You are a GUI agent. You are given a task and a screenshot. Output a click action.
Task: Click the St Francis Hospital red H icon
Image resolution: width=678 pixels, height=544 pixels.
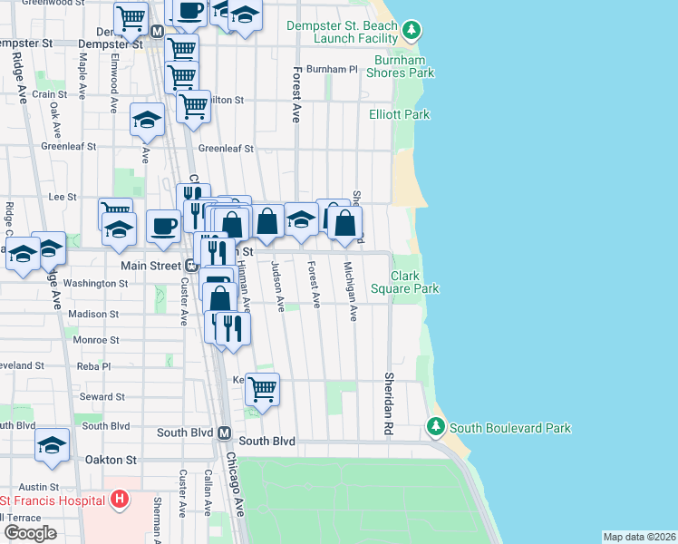(x=118, y=500)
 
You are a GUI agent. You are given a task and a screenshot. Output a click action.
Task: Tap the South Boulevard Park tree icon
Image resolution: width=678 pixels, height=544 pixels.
(x=435, y=425)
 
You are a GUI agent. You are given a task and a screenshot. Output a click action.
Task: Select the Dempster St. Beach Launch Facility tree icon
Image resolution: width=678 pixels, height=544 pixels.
(x=412, y=32)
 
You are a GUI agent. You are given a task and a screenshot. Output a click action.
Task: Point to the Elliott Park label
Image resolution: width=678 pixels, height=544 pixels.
(x=399, y=114)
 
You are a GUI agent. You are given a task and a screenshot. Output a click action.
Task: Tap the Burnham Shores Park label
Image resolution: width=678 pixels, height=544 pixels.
(x=400, y=66)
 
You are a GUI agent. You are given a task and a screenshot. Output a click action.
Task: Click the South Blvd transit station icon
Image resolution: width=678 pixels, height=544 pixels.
(x=225, y=433)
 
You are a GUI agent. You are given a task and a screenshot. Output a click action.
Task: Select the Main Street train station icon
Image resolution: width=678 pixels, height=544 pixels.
(x=192, y=266)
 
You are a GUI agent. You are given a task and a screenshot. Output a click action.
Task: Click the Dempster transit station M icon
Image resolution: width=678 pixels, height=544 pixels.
(x=157, y=31)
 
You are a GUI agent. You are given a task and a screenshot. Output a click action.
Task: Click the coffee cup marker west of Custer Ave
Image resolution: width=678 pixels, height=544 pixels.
(x=163, y=226)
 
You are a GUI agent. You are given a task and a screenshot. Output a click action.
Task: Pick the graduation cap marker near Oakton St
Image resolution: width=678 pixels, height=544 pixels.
(x=53, y=444)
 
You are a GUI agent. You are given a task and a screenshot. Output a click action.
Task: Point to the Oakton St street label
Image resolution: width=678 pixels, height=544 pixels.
(x=110, y=460)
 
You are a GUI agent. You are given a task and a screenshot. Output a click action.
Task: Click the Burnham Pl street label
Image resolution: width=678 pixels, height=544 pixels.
(x=332, y=69)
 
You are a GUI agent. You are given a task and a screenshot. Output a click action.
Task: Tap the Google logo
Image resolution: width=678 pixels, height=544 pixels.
(x=30, y=533)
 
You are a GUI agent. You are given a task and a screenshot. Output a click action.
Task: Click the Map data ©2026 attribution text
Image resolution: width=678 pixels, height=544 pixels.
(x=638, y=537)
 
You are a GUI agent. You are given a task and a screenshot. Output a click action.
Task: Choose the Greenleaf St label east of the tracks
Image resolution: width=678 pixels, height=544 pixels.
(x=225, y=148)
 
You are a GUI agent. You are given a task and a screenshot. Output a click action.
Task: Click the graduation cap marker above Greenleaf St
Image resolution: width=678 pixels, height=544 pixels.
(x=147, y=121)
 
